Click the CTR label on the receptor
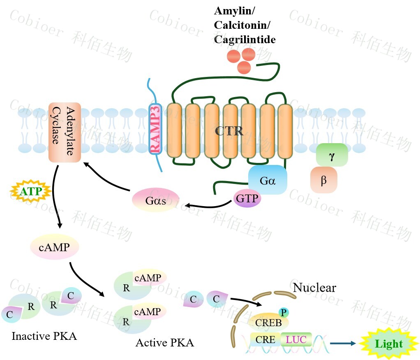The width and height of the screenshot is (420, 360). point(229,132)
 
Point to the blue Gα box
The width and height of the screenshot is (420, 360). point(267,180)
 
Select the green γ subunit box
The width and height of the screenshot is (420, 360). point(332,155)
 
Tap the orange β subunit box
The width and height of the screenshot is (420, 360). point(324,180)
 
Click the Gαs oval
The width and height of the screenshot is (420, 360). point(155,200)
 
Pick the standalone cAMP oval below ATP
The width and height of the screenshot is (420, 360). point(54,247)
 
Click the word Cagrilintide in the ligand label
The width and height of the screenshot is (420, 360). point(245,39)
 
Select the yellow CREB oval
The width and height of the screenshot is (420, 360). point(268,322)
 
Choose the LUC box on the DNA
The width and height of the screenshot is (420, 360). point(296,340)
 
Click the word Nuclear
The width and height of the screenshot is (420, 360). point(314,287)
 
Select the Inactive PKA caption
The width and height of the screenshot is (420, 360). point(44,336)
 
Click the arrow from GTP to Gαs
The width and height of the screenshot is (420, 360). point(208,204)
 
